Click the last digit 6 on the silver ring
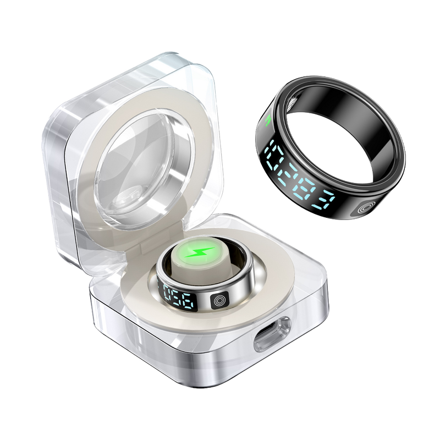(187, 302)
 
